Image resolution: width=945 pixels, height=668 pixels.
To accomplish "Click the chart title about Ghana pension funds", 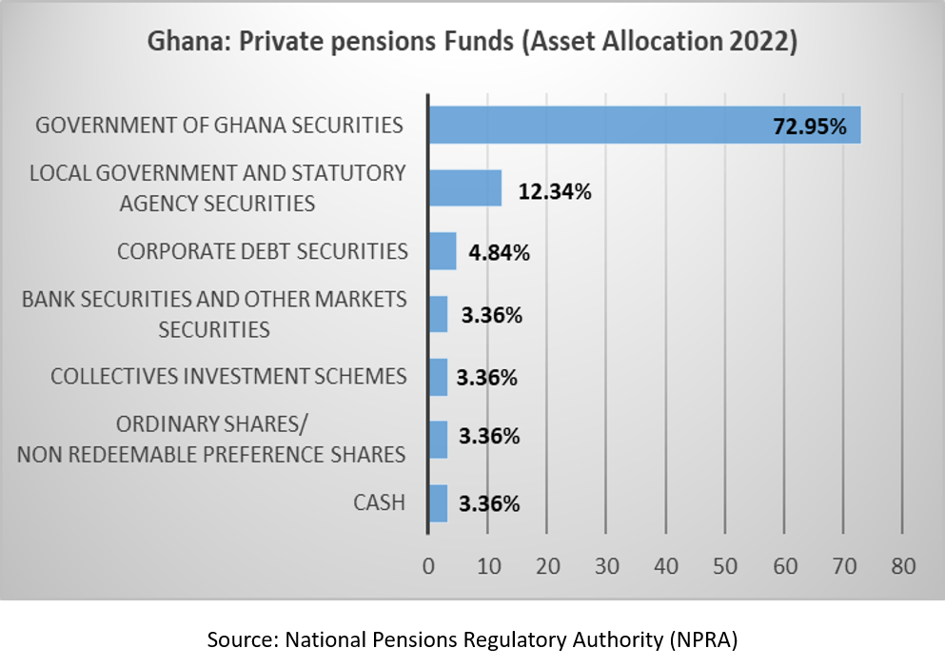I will tap(472, 43).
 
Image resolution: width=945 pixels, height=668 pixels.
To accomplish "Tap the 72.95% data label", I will tap(810, 126).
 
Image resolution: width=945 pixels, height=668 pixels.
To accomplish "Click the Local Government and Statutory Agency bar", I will tap(464, 188).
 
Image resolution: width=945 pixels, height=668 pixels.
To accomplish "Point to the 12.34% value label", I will tap(555, 191).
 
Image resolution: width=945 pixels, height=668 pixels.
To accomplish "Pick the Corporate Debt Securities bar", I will tap(443, 251).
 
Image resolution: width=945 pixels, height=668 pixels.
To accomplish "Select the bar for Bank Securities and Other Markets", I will tap(438, 314).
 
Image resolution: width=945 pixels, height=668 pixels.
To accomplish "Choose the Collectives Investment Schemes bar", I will tap(438, 377).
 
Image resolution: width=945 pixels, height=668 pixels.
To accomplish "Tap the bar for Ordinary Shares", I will tap(438, 440).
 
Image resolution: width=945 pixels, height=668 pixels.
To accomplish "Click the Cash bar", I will tap(438, 503).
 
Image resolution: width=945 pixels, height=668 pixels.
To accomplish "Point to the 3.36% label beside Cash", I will tap(489, 503).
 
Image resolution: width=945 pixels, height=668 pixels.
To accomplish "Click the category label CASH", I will tap(379, 502).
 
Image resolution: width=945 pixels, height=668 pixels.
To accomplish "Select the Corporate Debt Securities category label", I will tap(263, 251).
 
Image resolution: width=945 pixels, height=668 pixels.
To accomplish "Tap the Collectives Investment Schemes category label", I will tap(228, 376).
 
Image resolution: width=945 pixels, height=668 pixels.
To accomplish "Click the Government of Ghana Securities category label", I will tap(219, 126).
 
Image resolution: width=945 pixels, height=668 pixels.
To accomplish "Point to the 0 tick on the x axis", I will tap(428, 566).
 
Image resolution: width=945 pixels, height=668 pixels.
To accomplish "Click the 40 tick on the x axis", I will tap(666, 566).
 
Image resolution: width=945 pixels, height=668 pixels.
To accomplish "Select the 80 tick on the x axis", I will tap(903, 566).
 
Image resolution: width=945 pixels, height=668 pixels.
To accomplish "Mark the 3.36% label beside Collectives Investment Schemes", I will tap(486, 378).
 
